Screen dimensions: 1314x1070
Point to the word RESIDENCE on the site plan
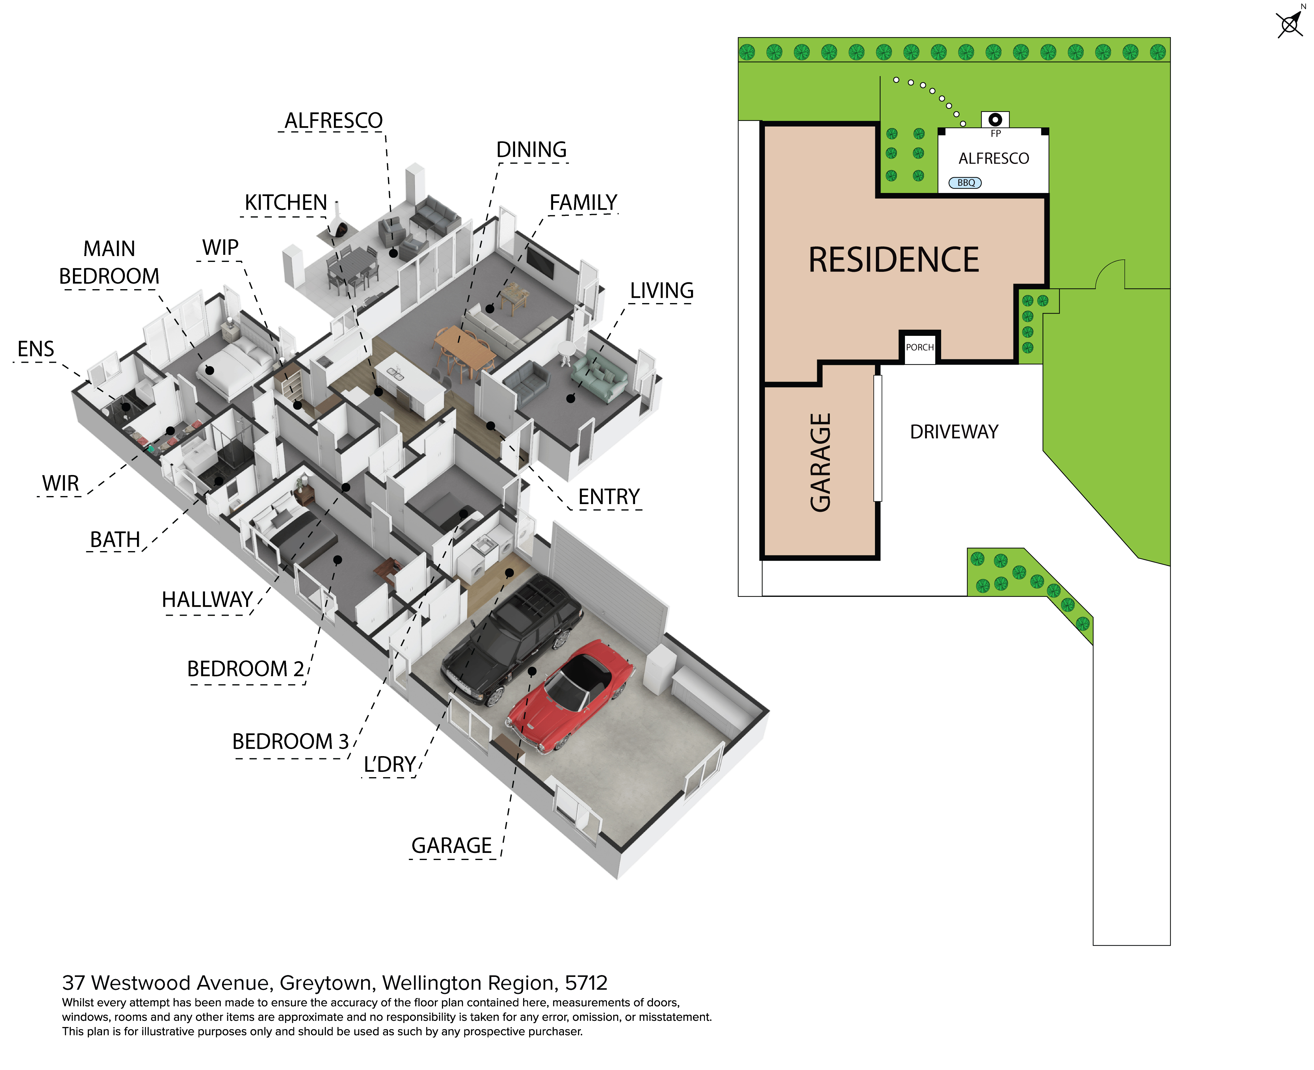894,259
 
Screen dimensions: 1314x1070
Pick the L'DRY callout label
390,764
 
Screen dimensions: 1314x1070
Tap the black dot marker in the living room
571,399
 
